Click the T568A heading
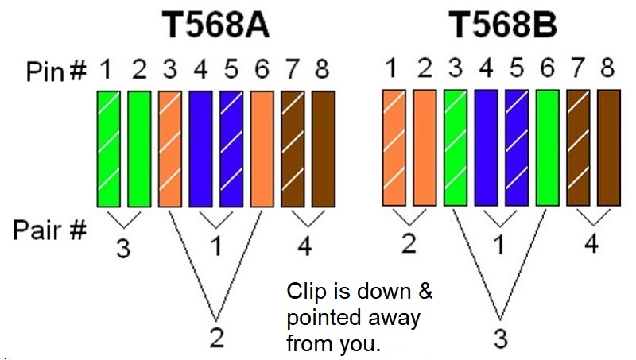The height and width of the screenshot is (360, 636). pos(215,25)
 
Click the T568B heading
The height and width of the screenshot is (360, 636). pos(502,25)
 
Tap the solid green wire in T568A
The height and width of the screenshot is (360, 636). pos(140,149)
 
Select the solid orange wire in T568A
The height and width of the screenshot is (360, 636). pos(262,149)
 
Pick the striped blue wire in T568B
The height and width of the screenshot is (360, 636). pos(517,148)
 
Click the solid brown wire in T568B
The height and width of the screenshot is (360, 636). pos(609,148)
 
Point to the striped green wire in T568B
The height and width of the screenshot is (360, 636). pos(456,148)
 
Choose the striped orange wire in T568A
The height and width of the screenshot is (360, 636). pos(170,149)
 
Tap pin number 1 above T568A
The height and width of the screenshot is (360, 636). pos(106,69)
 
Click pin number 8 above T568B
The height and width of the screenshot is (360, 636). pos(607,68)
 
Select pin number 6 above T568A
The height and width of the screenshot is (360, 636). pos(262,69)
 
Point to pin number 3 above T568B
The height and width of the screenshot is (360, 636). pos(456,68)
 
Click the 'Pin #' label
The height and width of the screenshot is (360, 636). pos(56,71)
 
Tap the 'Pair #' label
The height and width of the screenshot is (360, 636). pos(49,230)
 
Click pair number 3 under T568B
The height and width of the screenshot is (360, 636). pos(501,339)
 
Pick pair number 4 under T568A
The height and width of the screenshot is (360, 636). pos(304,246)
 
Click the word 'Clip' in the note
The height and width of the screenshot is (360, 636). pos(306,292)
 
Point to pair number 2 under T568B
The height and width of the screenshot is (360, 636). pos(409,243)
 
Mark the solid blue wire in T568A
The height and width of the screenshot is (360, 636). pos(201,149)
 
